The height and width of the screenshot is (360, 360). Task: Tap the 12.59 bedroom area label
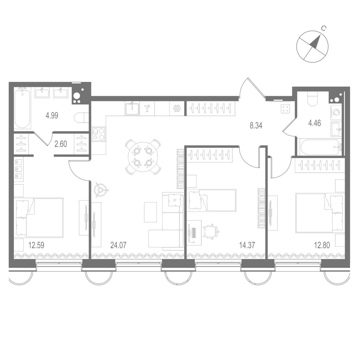(x=36, y=245)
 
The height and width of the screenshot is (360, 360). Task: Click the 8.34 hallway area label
(x=256, y=125)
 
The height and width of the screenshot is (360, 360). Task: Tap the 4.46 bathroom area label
(x=315, y=124)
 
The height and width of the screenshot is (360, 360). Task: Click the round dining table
(x=142, y=157)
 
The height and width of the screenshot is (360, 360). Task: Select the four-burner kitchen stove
(x=99, y=134)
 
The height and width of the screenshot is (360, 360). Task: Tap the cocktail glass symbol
(x=147, y=108)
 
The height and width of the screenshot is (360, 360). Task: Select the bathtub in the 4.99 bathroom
(x=22, y=108)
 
